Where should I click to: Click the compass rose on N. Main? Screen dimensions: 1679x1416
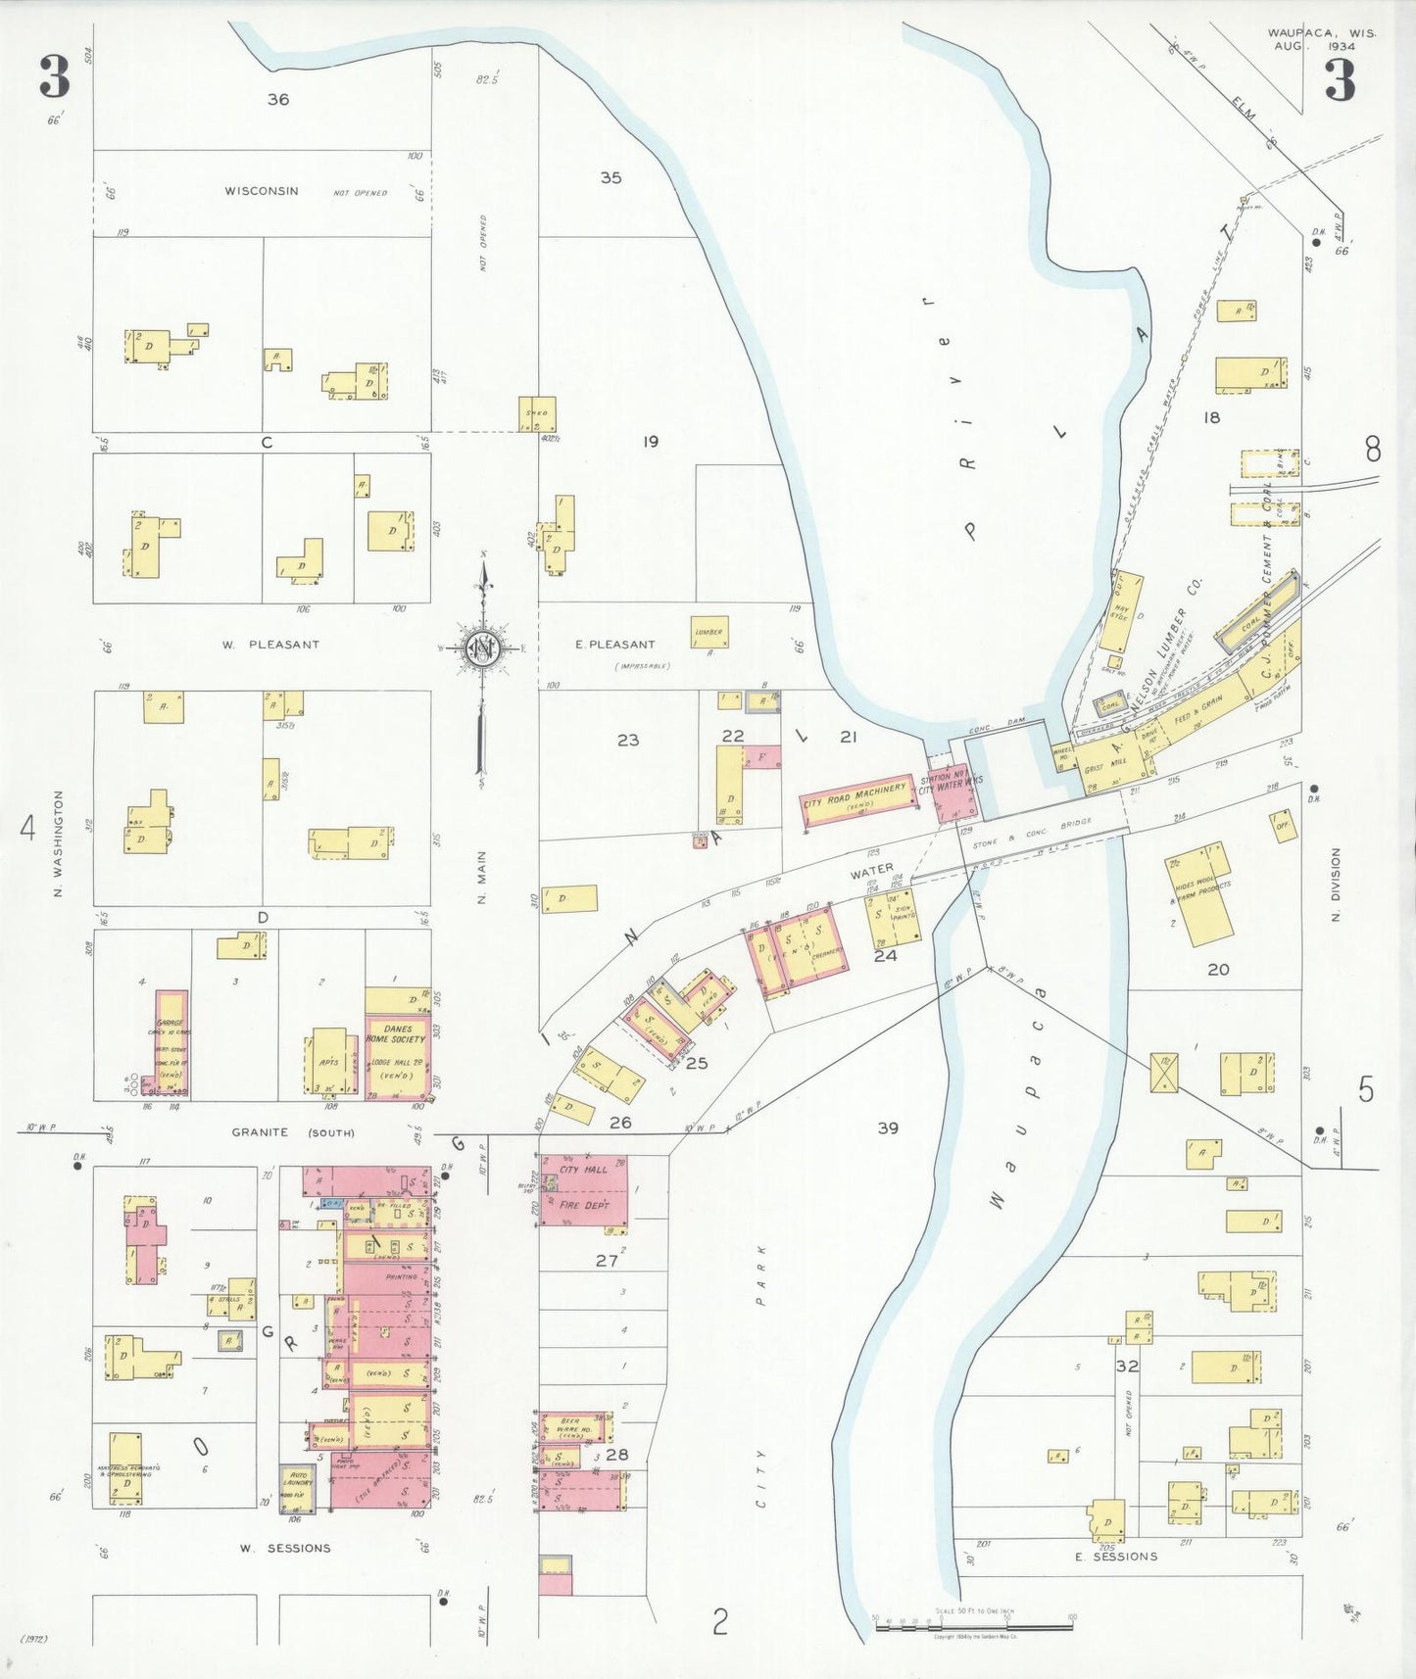(483, 648)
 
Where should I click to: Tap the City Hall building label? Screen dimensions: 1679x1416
(583, 1170)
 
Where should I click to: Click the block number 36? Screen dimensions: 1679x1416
(278, 99)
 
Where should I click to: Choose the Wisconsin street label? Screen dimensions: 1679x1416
(262, 191)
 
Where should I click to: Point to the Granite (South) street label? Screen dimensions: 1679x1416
(292, 1132)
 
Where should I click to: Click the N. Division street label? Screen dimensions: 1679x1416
(1335, 885)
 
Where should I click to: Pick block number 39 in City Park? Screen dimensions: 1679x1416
(888, 1128)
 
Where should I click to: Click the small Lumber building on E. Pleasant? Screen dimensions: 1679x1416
(708, 632)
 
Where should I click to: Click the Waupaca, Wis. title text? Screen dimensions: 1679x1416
(1321, 33)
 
